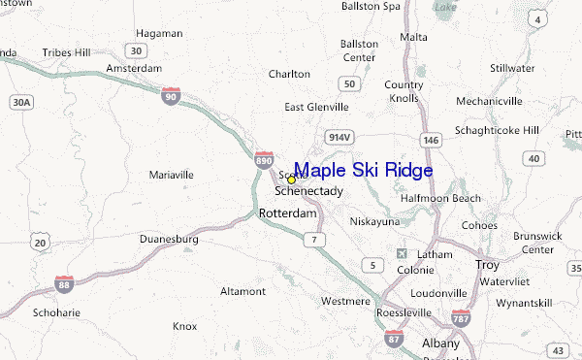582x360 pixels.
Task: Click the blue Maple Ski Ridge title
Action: (363, 171)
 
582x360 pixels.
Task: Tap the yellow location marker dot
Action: (291, 180)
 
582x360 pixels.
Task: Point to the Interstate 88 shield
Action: (63, 282)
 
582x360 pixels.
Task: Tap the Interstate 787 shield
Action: (461, 317)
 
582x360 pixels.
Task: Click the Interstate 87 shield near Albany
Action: (394, 338)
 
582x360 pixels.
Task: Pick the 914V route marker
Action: (338, 137)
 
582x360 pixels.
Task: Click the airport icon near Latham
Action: (403, 254)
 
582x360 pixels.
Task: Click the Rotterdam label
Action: (283, 213)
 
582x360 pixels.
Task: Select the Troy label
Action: (487, 264)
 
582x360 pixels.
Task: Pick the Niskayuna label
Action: (374, 220)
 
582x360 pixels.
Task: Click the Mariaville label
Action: (172, 175)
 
